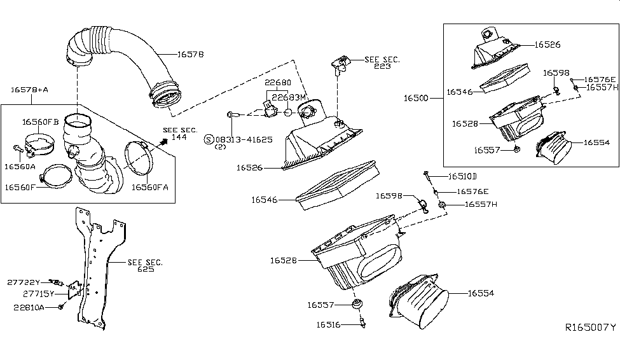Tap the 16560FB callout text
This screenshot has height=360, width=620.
41,121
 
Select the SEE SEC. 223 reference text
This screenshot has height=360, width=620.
382,62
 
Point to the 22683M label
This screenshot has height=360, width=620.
289,97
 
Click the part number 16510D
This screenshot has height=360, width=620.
462,176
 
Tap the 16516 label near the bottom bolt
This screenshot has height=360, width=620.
330,325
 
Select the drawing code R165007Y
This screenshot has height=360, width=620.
590,328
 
